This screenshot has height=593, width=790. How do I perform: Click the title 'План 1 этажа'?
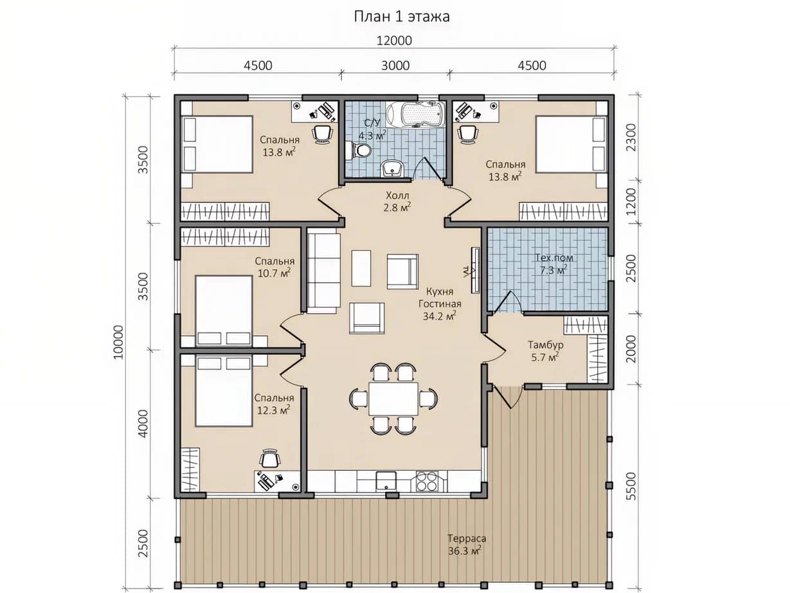point(402,17)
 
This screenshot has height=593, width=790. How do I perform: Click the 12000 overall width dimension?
point(394,41)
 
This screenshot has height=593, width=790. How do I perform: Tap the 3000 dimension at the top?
point(395,66)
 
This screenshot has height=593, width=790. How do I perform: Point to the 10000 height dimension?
point(118,342)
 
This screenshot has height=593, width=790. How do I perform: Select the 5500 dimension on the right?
point(631,486)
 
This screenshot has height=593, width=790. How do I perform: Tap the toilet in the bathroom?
point(358,150)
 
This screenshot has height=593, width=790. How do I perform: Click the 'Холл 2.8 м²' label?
point(397,201)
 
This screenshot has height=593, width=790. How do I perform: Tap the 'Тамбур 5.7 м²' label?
point(545,351)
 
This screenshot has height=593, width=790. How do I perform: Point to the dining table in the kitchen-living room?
point(393,399)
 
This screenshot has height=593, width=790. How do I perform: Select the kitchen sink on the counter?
point(386,481)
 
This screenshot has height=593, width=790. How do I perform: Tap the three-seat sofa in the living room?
point(323,273)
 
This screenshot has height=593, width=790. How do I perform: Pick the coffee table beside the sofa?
point(361,268)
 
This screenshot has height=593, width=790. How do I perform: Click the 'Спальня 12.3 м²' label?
point(274,404)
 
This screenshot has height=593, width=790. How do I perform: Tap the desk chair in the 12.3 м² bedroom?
point(270,458)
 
